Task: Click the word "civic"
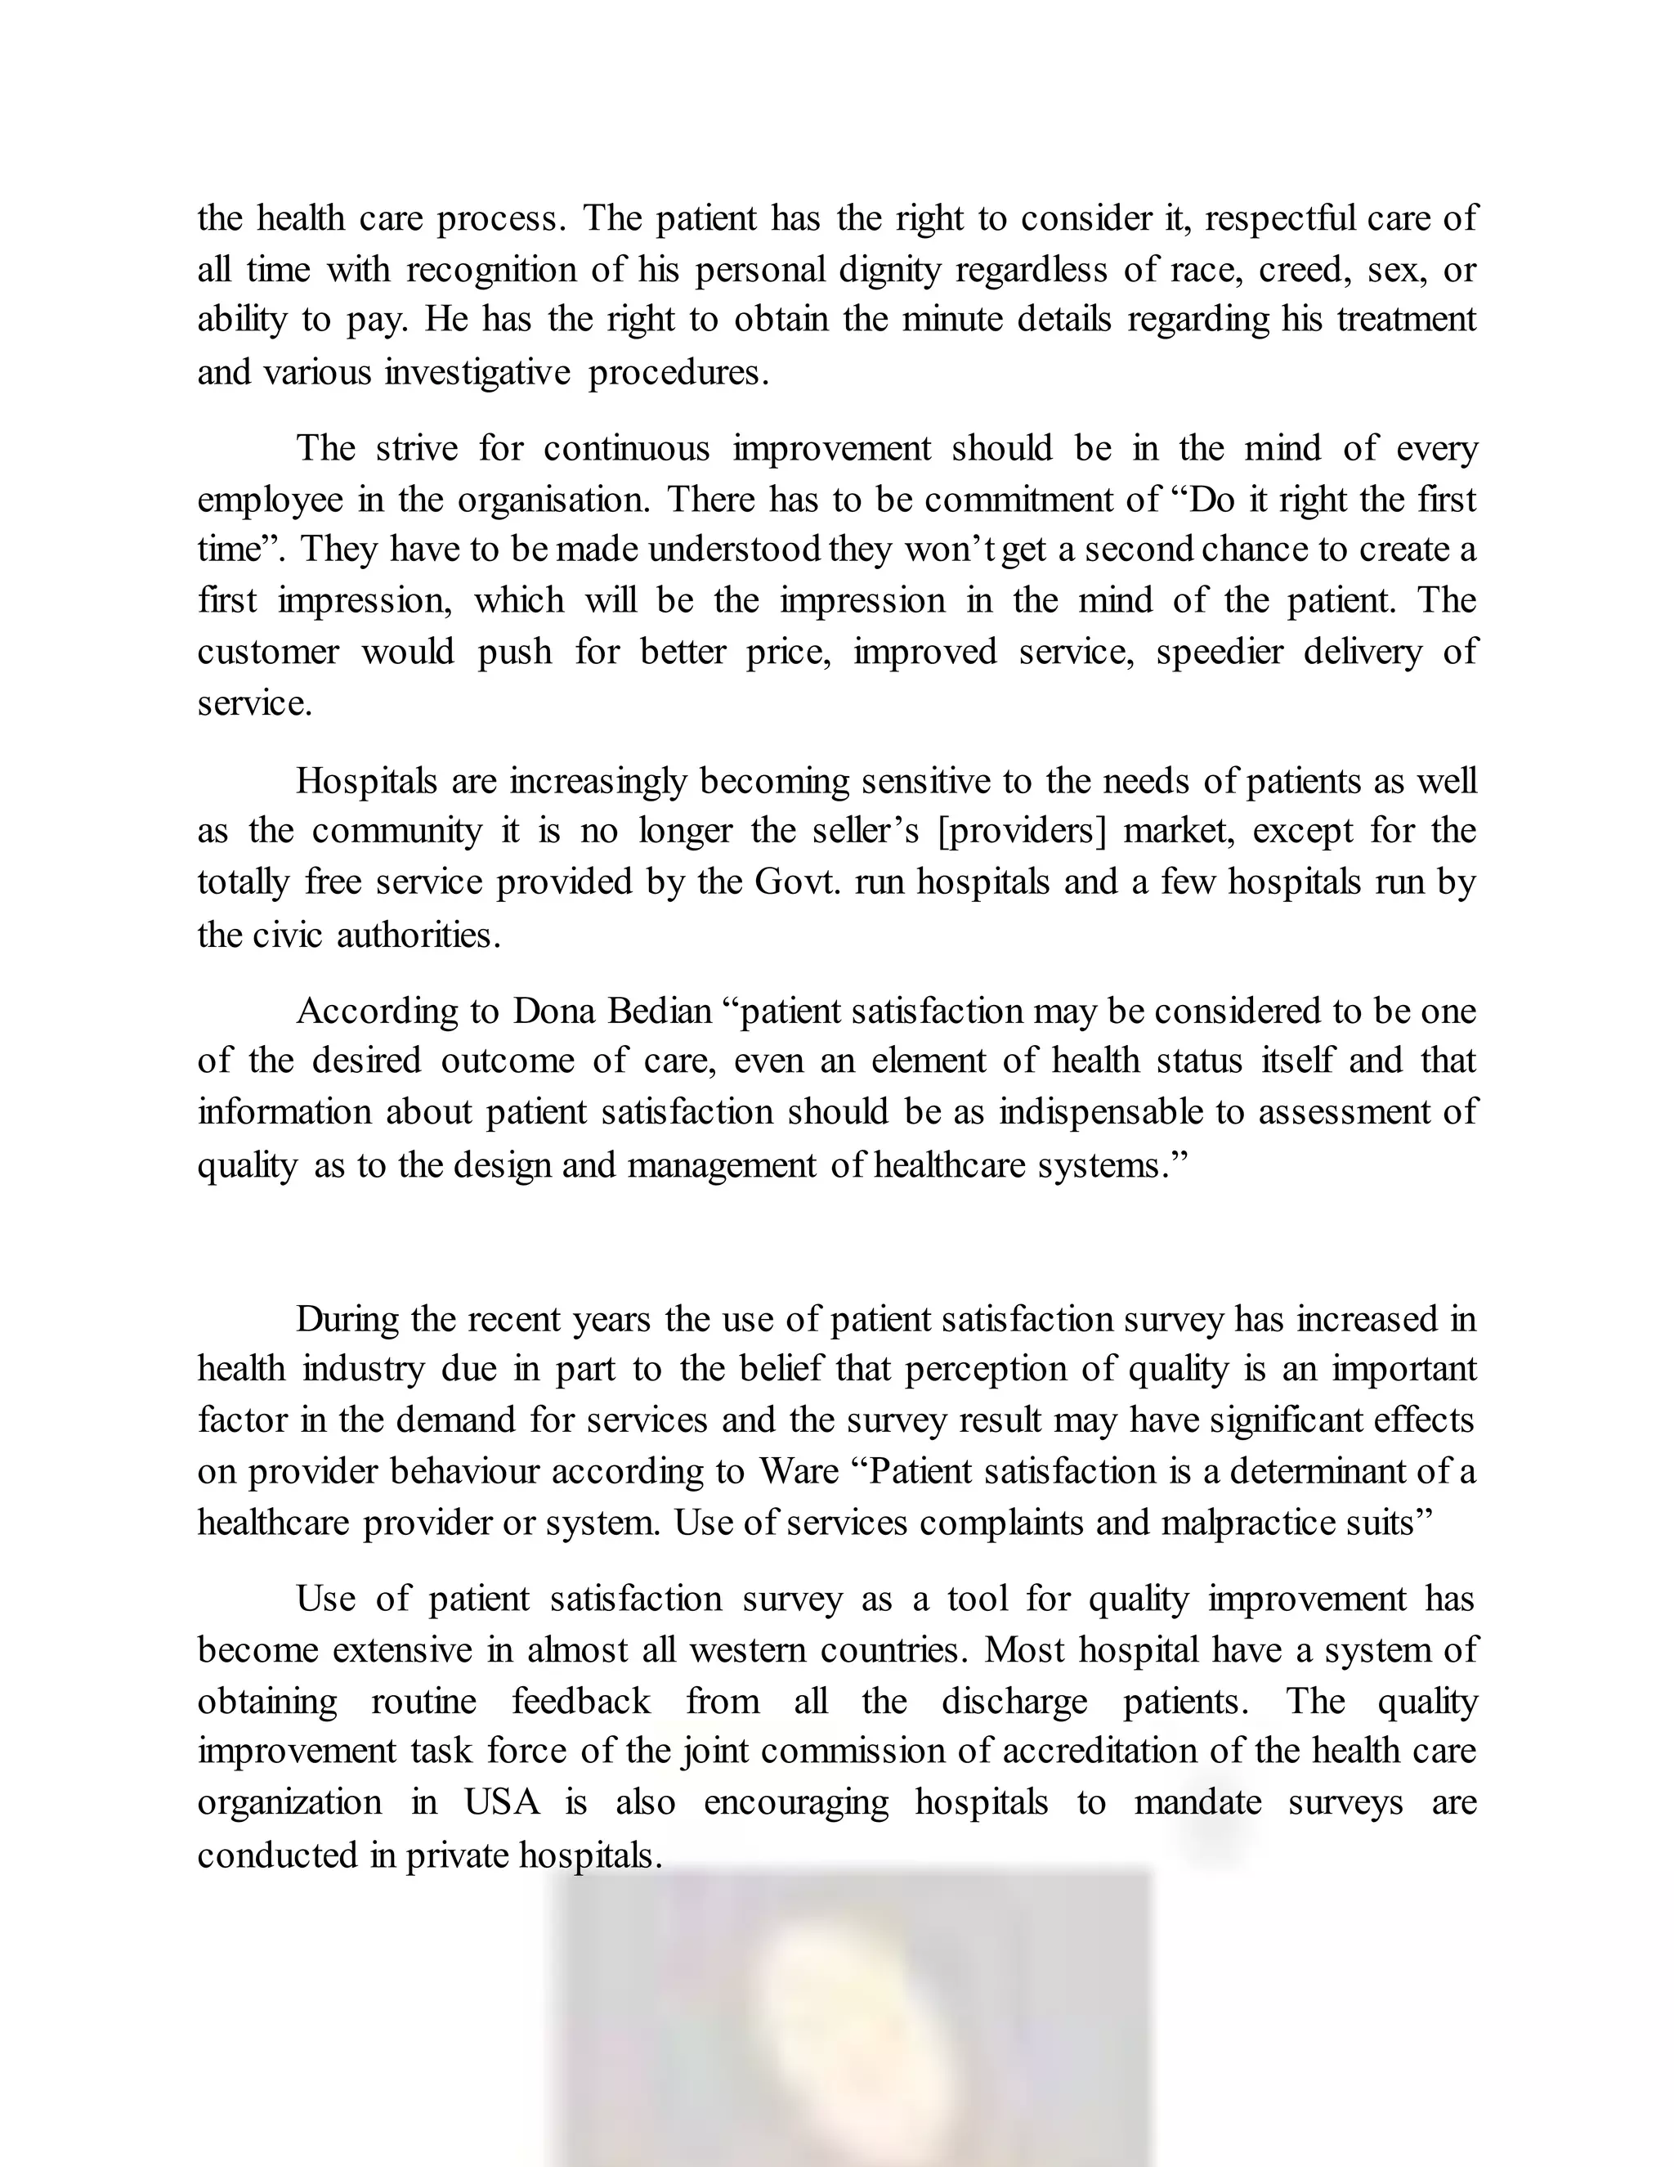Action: point(288,935)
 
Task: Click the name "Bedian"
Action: point(660,1011)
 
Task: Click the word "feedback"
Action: point(581,1702)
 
